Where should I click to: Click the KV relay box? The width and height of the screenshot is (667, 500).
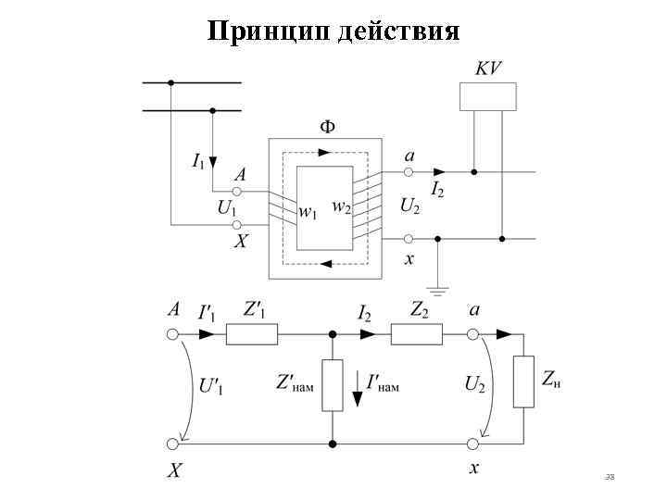(x=487, y=96)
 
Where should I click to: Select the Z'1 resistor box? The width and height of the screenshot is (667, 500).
(x=252, y=334)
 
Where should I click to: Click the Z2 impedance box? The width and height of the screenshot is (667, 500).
(x=416, y=334)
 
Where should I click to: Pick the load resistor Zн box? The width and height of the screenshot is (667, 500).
(x=523, y=381)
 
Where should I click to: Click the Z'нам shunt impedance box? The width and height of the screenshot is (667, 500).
(x=333, y=384)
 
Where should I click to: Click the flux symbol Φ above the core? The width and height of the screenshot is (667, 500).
(x=327, y=126)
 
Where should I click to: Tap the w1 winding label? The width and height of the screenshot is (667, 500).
(x=308, y=212)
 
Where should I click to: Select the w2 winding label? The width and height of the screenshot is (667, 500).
(x=342, y=205)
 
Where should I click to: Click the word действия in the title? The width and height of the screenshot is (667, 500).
(x=398, y=31)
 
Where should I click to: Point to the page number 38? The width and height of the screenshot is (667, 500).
(x=609, y=477)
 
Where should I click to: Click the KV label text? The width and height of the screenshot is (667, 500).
(x=488, y=68)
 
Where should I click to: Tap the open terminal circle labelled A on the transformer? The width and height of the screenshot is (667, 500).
(x=236, y=192)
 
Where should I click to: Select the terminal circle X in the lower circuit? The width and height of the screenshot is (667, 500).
(x=172, y=444)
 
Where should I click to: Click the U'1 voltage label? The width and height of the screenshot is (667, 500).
(x=211, y=386)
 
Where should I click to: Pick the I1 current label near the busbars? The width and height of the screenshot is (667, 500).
(x=198, y=161)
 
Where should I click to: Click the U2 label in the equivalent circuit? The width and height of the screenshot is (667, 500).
(x=474, y=383)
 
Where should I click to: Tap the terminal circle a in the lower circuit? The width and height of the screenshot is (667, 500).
(x=472, y=334)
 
